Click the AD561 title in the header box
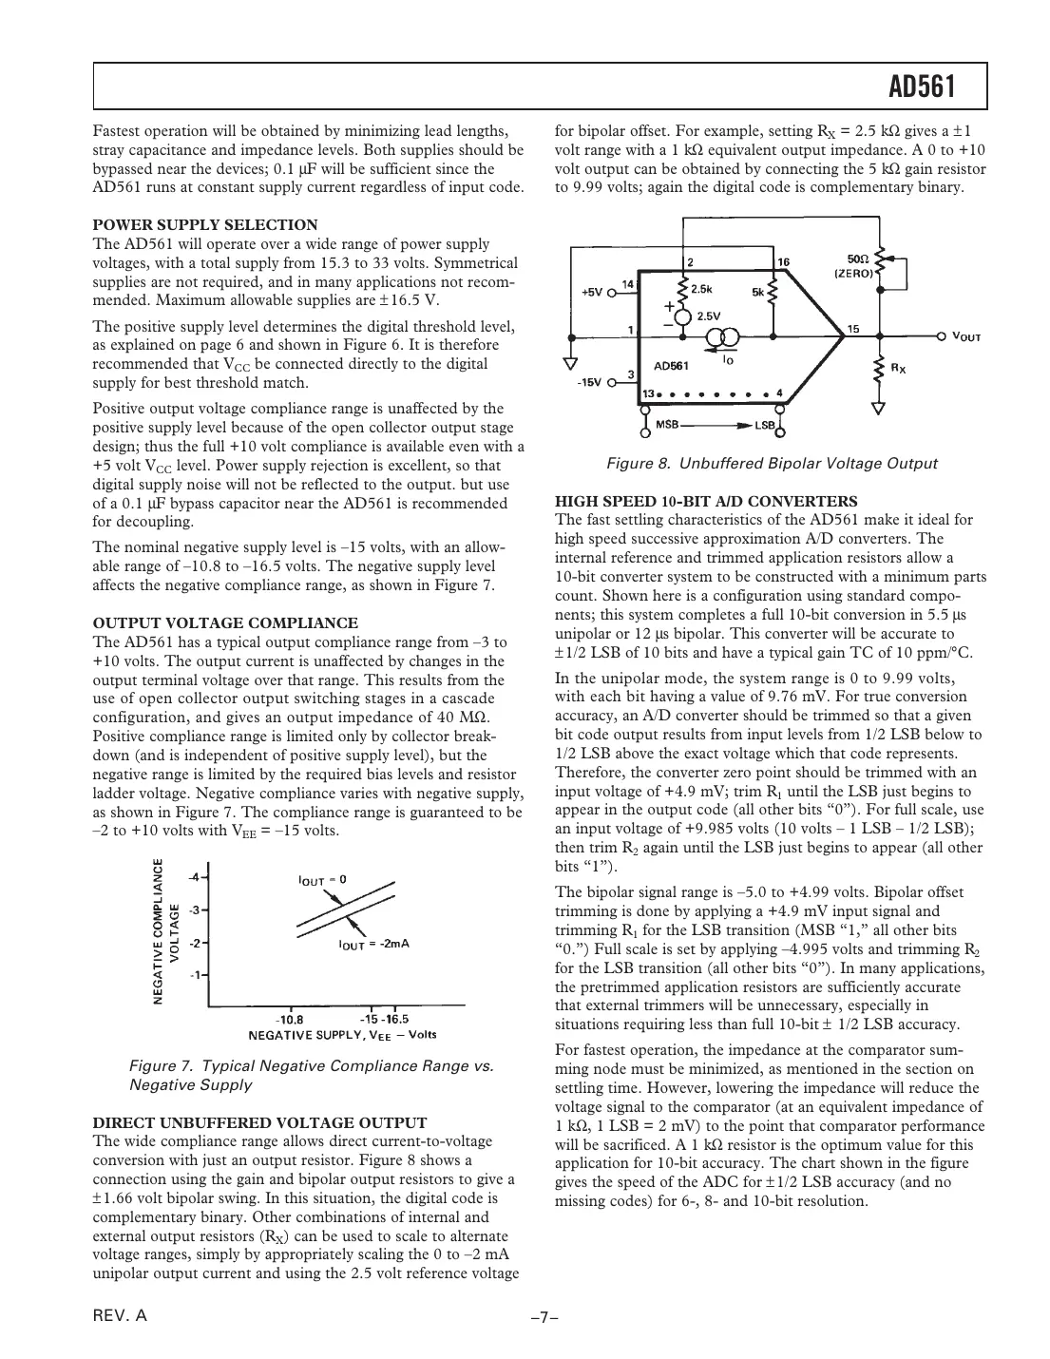point(921,88)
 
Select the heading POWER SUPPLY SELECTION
point(205,225)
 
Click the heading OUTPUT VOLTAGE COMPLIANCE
point(225,623)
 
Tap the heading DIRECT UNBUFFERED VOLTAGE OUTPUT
point(259,1122)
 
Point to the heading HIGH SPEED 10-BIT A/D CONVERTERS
point(706,501)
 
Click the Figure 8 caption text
point(772,464)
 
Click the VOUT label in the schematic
point(965,336)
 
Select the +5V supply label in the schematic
point(591,292)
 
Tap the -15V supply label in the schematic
point(590,381)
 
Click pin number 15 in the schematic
point(853,328)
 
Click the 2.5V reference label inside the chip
point(709,315)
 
